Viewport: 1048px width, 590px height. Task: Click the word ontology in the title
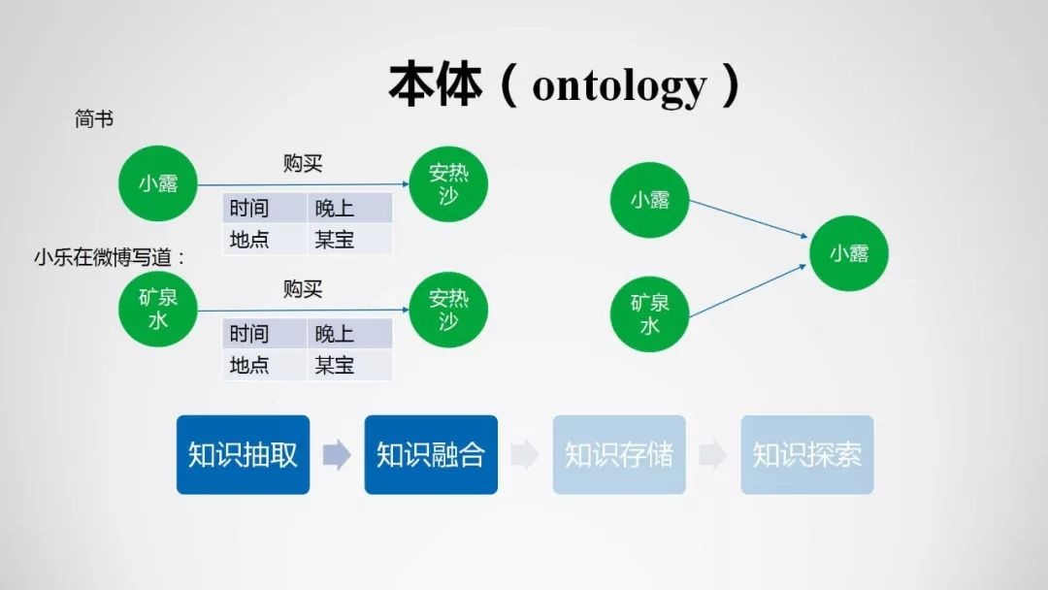(619, 85)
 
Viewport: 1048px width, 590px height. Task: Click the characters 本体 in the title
(435, 84)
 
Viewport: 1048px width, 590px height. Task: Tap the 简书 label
(93, 119)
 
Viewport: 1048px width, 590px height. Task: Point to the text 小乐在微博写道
(104, 257)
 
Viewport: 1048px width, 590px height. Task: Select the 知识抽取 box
(243, 454)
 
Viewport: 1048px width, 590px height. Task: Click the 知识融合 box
(431, 454)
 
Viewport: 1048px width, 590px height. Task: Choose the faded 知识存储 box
(619, 454)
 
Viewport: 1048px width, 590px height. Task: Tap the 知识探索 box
(807, 454)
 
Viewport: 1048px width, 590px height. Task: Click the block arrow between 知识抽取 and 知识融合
(337, 454)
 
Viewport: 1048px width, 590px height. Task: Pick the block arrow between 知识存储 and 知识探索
(713, 454)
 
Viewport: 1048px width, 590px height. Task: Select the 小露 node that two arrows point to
(849, 253)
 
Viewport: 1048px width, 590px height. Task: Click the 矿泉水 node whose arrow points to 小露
(649, 314)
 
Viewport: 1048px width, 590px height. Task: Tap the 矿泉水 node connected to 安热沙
(158, 309)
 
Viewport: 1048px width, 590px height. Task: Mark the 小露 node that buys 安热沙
(158, 183)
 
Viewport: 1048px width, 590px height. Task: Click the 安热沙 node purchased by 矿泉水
(448, 310)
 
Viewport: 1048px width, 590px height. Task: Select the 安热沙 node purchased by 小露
(448, 183)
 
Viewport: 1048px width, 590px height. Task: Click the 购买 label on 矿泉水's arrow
(303, 288)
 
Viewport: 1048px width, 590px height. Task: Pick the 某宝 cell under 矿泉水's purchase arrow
(349, 365)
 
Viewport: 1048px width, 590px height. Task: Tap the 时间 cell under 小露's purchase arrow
(265, 208)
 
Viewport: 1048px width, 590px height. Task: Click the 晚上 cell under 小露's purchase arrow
(349, 208)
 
